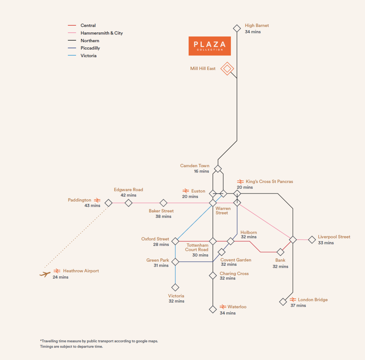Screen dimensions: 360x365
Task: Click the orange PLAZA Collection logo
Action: [x=210, y=46]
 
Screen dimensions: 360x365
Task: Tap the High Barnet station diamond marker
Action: [x=237, y=28]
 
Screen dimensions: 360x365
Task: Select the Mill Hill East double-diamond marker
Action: [x=227, y=69]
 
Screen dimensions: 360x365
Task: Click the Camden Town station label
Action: [x=195, y=166]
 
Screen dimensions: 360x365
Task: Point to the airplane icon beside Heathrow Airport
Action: [x=45, y=274]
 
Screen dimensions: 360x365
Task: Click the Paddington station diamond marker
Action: [x=108, y=203]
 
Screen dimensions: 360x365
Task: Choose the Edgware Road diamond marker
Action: [x=128, y=203]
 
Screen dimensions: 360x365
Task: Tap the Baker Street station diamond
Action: [x=163, y=203]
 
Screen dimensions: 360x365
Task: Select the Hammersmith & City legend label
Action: [x=101, y=33]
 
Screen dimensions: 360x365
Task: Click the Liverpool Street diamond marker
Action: [x=312, y=240]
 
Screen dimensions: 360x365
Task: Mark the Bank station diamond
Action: [x=280, y=252]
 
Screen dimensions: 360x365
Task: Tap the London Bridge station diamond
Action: [x=283, y=302]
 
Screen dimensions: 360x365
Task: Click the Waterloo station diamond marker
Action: [x=213, y=309]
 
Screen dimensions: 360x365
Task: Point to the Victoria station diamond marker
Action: [x=175, y=287]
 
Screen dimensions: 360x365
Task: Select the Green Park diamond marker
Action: [x=175, y=262]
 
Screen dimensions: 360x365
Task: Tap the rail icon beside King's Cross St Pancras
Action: [x=241, y=182]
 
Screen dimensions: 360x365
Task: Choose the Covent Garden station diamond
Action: [x=221, y=252]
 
